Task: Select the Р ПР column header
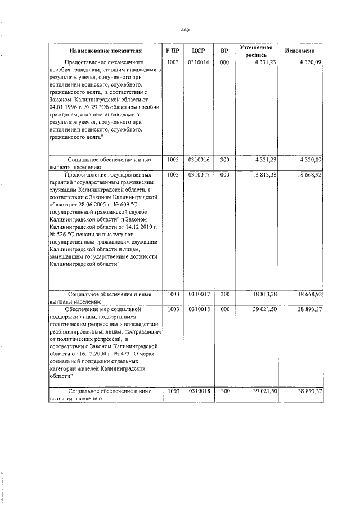click(173, 51)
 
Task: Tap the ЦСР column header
click(198, 51)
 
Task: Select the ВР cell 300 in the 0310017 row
click(224, 294)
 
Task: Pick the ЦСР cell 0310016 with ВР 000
click(199, 62)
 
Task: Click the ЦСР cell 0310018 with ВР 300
click(199, 391)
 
